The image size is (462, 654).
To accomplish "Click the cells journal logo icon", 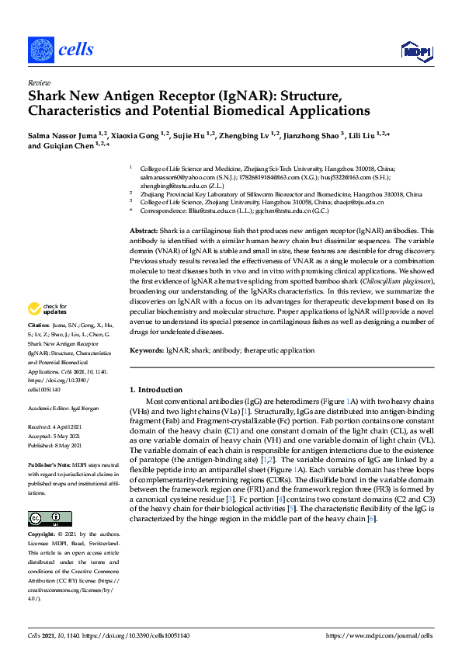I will [40, 50].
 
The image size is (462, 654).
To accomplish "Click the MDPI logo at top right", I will [416, 50].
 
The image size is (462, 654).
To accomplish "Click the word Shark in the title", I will [48, 96].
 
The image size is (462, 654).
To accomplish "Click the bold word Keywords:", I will [147, 351].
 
